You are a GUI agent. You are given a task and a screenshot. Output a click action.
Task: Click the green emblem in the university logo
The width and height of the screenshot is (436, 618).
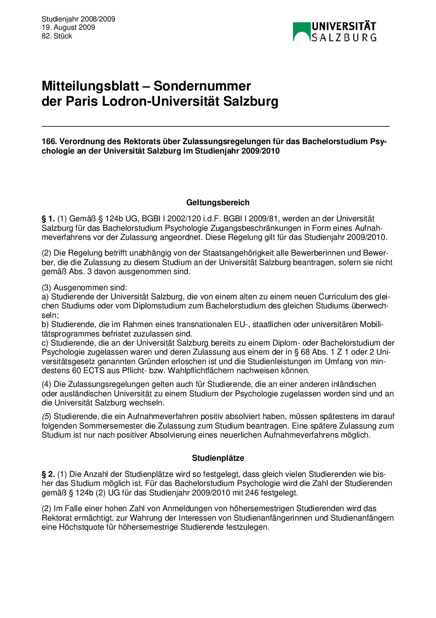point(301,32)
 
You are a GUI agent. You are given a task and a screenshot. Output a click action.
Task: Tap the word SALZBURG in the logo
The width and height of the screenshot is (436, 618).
point(344,38)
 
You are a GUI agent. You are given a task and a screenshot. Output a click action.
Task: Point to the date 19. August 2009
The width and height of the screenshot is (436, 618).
point(68,27)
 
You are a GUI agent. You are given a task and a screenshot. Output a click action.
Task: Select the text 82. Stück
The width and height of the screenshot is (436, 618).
point(57,36)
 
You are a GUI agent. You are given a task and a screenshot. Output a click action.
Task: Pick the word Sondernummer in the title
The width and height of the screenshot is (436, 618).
point(202,86)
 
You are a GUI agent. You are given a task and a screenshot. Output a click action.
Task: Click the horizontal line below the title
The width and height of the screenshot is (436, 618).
point(215,126)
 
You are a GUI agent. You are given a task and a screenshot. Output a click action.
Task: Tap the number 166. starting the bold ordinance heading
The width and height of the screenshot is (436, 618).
point(49,141)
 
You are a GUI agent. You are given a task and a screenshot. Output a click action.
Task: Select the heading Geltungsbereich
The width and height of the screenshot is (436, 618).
point(218,202)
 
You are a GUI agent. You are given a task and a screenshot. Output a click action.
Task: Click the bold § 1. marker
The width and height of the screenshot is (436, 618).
point(48,218)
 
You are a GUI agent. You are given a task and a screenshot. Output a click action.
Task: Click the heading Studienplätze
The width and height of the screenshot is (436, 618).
point(218,458)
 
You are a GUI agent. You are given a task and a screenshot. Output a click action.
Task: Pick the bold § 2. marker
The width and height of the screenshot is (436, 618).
point(48,474)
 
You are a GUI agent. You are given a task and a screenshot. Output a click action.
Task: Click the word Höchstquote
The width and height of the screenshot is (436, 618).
point(81,527)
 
